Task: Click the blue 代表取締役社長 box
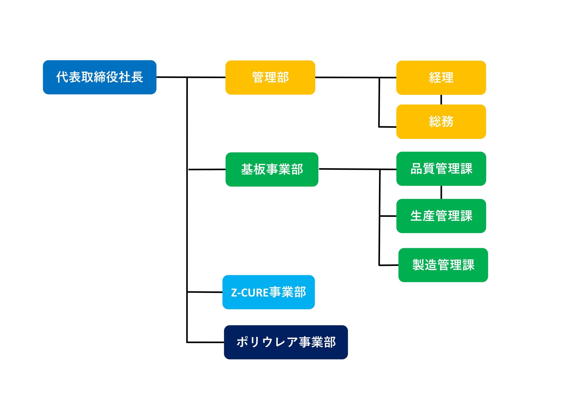tap(99, 77)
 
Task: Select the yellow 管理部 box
tap(270, 77)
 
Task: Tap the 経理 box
tap(441, 78)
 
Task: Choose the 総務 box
tap(441, 122)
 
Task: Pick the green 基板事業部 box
tap(272, 170)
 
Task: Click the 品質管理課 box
tap(441, 169)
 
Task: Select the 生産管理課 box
tap(441, 216)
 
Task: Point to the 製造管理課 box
tap(443, 265)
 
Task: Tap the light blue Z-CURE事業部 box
tap(269, 292)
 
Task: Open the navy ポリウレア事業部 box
tap(286, 342)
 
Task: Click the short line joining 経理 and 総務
tap(441, 100)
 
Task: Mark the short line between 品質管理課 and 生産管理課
tap(441, 192)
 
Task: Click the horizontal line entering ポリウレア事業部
tap(205, 342)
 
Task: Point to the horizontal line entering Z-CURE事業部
tap(205, 292)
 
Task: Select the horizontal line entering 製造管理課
tap(389, 265)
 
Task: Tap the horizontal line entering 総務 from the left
tap(387, 127)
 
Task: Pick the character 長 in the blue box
tap(137, 77)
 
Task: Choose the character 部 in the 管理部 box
tap(283, 77)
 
